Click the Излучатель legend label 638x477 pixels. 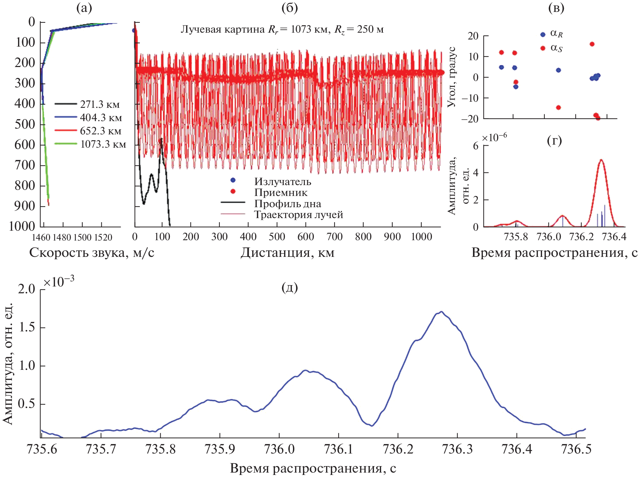pyautogui.click(x=283, y=181)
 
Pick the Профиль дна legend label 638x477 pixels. pyautogui.click(x=288, y=203)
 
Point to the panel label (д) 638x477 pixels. pyautogui.click(x=290, y=287)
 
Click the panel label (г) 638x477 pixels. pyautogui.click(x=554, y=140)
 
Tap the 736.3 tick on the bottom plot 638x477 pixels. pyautogui.click(x=457, y=449)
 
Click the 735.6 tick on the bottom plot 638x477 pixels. pyautogui.click(x=42, y=449)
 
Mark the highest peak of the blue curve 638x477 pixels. pyautogui.click(x=441, y=312)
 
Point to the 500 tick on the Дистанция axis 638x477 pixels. pyautogui.click(x=277, y=237)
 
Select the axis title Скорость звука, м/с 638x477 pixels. pyautogui.click(x=92, y=253)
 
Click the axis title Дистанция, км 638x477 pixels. pyautogui.click(x=288, y=253)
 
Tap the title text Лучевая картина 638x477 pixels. pyautogui.click(x=223, y=30)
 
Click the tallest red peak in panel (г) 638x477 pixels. pyautogui.click(x=601, y=160)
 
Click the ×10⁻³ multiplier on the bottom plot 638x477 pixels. pyautogui.click(x=59, y=282)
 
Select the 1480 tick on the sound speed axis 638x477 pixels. pyautogui.click(x=62, y=237)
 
